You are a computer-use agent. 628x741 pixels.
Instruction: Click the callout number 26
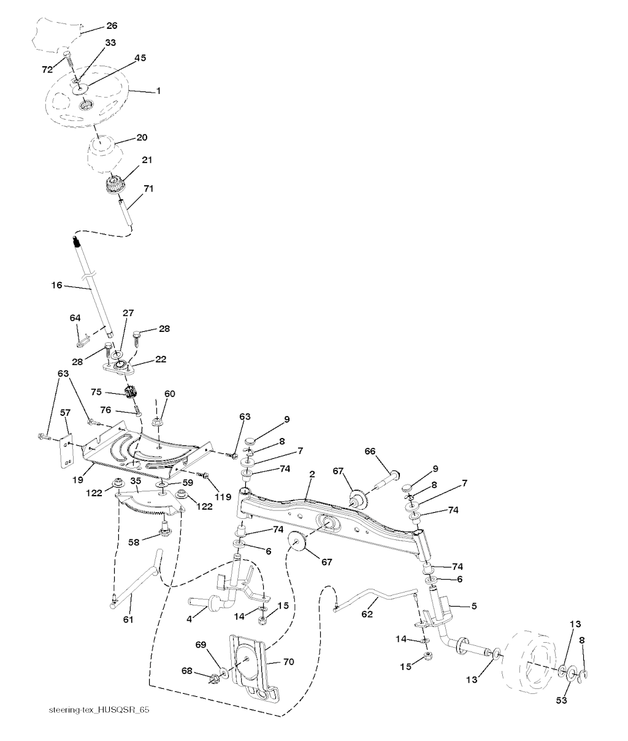pyautogui.click(x=112, y=26)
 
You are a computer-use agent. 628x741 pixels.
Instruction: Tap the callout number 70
pyautogui.click(x=288, y=662)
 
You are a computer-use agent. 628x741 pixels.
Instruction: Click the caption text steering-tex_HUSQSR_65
pyautogui.click(x=99, y=710)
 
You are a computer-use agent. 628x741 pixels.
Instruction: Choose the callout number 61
pyautogui.click(x=128, y=620)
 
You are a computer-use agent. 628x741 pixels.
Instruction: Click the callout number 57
pyautogui.click(x=65, y=414)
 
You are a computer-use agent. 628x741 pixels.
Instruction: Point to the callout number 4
pyautogui.click(x=190, y=620)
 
